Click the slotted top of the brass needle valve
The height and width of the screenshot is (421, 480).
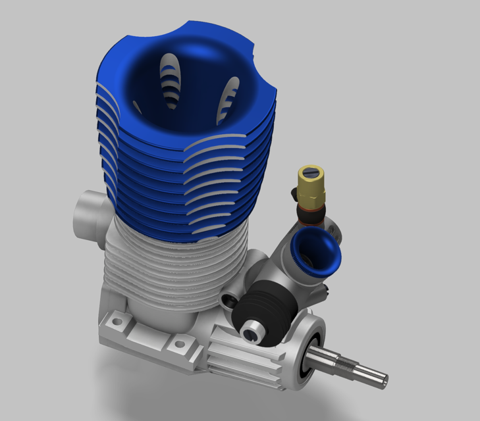(x=309, y=173)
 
